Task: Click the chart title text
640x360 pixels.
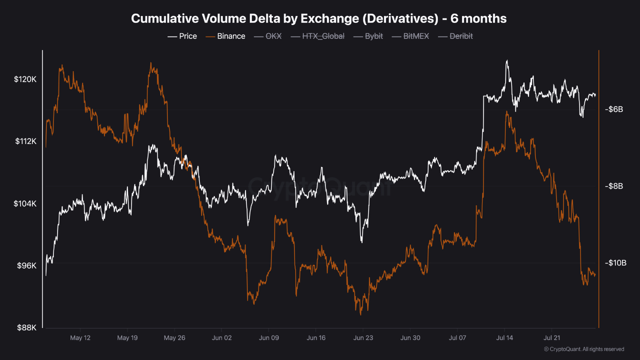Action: tap(318, 18)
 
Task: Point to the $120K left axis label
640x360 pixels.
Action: tap(25, 79)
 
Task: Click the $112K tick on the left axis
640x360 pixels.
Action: tap(25, 141)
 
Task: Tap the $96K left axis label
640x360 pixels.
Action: tap(26, 265)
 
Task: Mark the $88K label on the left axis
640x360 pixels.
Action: tap(26, 327)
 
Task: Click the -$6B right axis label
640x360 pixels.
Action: tap(613, 109)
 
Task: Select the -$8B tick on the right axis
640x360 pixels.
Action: tap(613, 186)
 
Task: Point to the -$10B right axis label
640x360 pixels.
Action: tap(614, 263)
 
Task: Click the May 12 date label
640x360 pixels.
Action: tap(80, 338)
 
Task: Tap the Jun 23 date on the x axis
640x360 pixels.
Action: tap(363, 338)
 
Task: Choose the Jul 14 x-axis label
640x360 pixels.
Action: tap(504, 338)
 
